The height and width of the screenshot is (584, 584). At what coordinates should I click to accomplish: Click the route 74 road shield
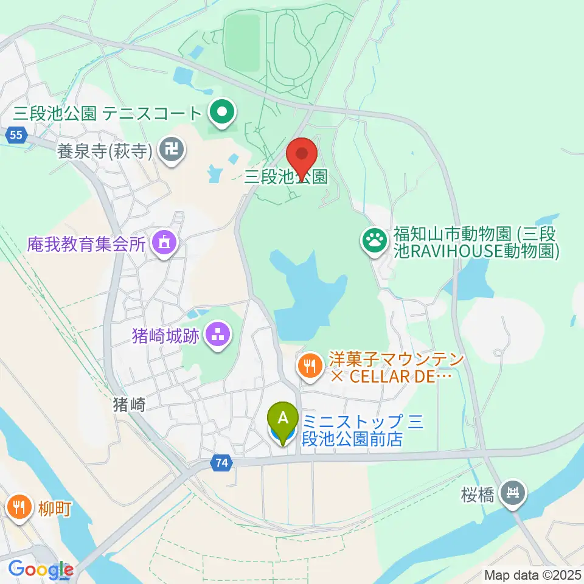222,464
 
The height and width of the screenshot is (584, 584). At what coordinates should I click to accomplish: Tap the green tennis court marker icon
223,112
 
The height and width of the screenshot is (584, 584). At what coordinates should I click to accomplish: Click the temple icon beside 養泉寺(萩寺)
170,148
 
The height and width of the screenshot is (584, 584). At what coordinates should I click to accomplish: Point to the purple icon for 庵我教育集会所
164,243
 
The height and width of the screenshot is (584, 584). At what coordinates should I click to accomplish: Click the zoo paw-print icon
375,240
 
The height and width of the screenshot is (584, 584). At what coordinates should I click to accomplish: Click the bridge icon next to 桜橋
514,491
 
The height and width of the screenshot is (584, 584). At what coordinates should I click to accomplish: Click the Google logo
40,570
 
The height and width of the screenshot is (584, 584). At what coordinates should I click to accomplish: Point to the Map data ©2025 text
533,574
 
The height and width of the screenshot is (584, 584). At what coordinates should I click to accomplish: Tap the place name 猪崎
130,405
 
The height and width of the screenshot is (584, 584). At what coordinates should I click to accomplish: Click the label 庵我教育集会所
86,245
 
